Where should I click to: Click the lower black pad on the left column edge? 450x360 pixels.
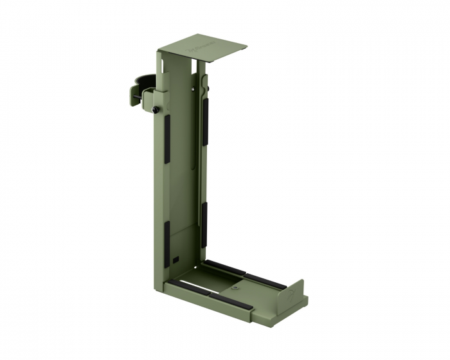point(166,244)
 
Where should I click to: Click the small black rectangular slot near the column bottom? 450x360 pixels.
point(175,260)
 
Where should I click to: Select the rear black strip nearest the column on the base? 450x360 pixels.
point(224,267)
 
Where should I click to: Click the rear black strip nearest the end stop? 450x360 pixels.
point(265,282)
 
